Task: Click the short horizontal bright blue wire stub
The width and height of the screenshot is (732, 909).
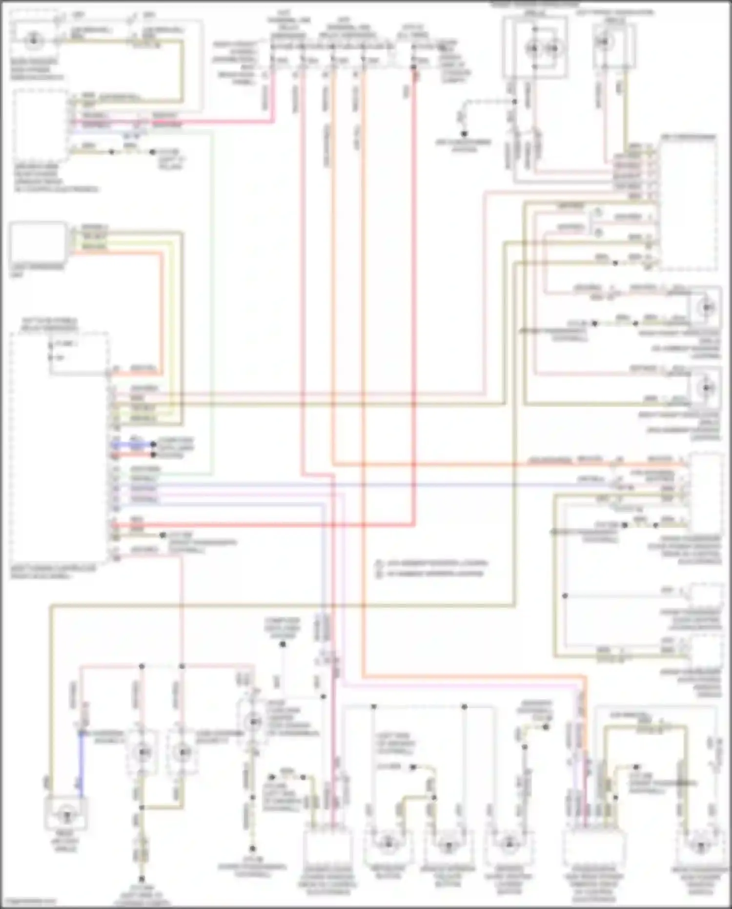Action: pyautogui.click(x=132, y=444)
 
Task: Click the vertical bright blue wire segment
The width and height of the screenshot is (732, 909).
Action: pyautogui.click(x=81, y=764)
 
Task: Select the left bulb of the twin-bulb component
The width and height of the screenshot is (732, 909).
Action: pyautogui.click(x=532, y=48)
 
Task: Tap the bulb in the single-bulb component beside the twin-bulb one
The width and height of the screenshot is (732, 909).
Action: pyautogui.click(x=606, y=43)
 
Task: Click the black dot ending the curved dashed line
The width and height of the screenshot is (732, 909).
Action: pyautogui.click(x=464, y=133)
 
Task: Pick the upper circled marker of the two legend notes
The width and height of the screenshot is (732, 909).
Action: pyautogui.click(x=379, y=563)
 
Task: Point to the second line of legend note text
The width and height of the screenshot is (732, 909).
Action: pyautogui.click(x=434, y=573)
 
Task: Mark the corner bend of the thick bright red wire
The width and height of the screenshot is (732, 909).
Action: pyautogui.click(x=414, y=525)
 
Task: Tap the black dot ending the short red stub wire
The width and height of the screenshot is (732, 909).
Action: pyautogui.click(x=153, y=455)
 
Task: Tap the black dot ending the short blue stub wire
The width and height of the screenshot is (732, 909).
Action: pyautogui.click(x=153, y=444)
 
